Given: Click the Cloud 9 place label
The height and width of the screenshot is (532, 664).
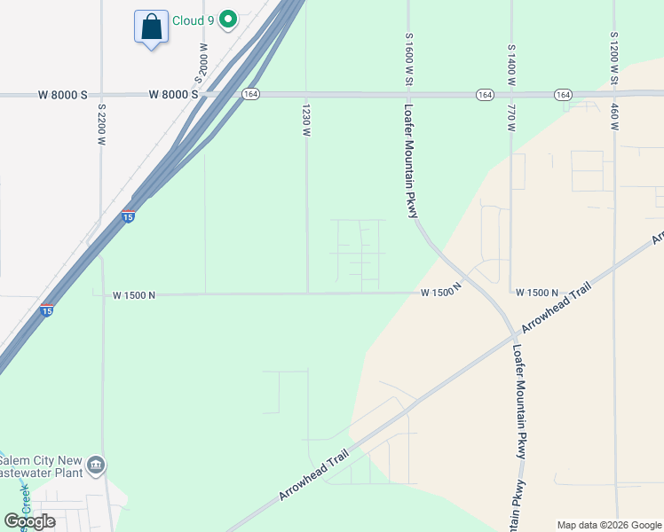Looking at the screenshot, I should click(194, 19).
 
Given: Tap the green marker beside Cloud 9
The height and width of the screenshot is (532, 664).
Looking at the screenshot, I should click(229, 19).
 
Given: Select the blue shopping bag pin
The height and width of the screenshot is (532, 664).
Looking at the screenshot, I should click(151, 27).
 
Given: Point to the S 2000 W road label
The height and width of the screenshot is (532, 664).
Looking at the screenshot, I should click(203, 64).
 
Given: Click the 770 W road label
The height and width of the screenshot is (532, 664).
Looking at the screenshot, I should click(511, 118).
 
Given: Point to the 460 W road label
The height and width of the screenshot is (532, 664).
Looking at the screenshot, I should click(613, 117).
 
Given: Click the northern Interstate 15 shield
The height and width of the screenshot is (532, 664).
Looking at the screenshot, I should click(128, 216).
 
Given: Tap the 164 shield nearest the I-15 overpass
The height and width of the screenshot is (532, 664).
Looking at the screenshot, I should click(252, 94).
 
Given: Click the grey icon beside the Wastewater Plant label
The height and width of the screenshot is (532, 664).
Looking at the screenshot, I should click(96, 465).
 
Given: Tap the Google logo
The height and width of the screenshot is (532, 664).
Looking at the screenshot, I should click(29, 520).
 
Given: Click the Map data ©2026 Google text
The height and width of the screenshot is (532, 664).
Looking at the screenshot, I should click(609, 525).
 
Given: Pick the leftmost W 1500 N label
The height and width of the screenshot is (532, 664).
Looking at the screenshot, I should click(134, 295).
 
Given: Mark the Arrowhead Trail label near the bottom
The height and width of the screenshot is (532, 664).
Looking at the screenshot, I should click(312, 474).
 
